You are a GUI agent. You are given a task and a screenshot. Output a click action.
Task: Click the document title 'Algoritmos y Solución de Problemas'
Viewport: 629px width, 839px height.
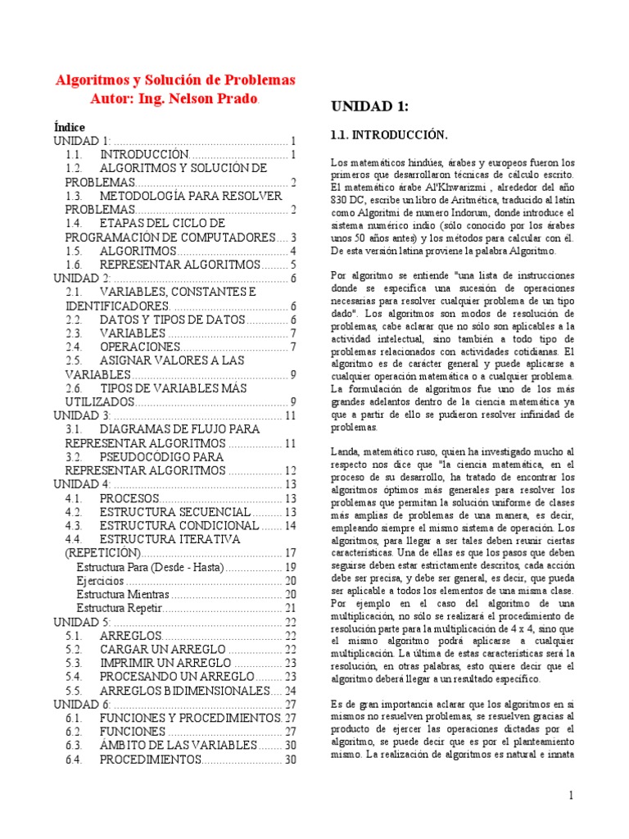tap(174, 80)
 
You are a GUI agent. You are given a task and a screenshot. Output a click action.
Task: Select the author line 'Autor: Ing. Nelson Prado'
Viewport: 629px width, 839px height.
tap(174, 99)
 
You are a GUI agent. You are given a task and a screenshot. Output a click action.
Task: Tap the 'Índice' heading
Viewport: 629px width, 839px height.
tap(69, 127)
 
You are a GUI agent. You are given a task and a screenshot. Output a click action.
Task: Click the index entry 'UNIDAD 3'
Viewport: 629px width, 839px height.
tap(82, 415)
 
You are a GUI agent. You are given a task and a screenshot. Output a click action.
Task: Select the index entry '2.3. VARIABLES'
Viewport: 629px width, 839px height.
tap(132, 333)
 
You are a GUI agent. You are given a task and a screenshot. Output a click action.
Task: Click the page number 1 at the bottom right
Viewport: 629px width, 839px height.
tap(572, 796)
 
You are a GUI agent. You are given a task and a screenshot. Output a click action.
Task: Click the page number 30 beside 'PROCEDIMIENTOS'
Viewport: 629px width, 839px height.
tap(290, 760)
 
